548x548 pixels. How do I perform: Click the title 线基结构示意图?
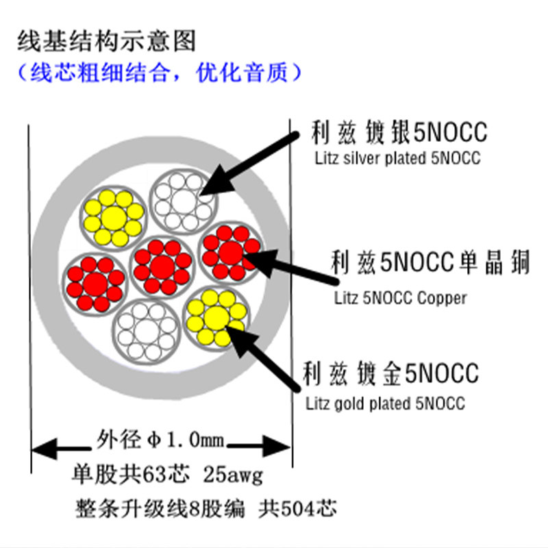[x=106, y=41]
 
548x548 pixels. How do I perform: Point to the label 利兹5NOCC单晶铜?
[x=430, y=263]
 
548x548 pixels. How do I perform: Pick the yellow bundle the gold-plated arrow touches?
[x=217, y=318]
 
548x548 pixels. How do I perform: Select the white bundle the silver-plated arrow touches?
[x=183, y=201]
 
